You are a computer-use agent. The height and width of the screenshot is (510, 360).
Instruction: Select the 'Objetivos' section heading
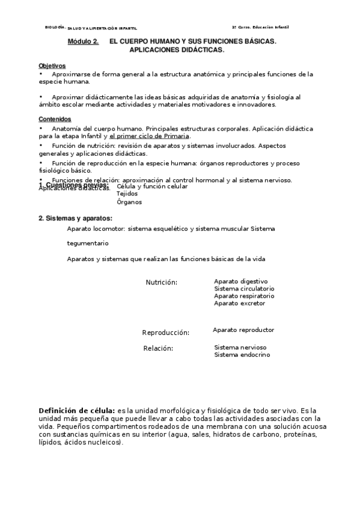52,66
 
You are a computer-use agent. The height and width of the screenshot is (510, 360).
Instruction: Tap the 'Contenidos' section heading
55,119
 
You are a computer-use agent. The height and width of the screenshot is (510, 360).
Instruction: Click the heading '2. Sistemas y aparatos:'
75,218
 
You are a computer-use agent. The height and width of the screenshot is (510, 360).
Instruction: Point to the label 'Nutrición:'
161,282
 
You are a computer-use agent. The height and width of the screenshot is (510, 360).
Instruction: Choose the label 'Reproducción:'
165,333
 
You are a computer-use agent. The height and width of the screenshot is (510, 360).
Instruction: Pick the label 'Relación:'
158,348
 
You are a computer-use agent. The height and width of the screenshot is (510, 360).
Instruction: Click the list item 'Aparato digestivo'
240,281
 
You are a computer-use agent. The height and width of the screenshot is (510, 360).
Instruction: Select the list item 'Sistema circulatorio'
244,289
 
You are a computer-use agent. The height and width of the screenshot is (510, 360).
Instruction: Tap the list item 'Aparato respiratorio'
244,296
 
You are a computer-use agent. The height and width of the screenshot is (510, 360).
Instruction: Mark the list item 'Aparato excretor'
239,303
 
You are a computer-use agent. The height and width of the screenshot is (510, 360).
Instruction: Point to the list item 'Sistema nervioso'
240,347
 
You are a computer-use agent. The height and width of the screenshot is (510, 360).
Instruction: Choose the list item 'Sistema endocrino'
242,355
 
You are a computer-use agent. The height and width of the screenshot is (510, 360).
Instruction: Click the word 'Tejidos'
127,194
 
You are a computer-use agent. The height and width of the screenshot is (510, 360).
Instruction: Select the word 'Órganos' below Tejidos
129,203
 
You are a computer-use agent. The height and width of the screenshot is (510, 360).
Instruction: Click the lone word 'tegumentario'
88,244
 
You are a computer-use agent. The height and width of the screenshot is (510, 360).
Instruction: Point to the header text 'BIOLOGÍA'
55,28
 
